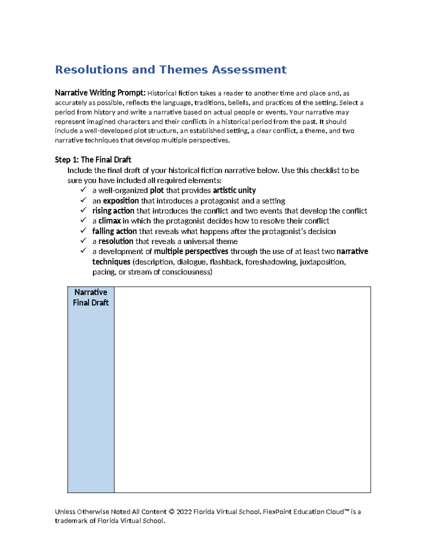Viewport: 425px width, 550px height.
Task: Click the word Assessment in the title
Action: click(x=249, y=70)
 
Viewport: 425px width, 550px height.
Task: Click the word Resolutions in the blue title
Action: click(x=91, y=70)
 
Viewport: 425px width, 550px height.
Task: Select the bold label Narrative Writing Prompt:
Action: click(x=100, y=93)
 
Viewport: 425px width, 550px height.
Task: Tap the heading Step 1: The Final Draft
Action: click(x=93, y=160)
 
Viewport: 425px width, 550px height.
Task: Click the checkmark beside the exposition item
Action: click(x=83, y=200)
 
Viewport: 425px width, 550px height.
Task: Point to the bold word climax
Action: click(x=109, y=221)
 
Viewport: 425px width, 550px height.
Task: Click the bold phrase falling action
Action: click(x=114, y=231)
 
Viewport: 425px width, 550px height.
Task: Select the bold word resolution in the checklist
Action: click(x=116, y=242)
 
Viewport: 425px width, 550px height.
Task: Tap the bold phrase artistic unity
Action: click(x=234, y=191)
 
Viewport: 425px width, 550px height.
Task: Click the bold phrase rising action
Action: click(x=113, y=211)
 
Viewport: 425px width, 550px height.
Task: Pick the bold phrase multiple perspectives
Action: click(x=191, y=251)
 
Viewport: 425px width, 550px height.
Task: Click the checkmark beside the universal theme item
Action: click(x=83, y=241)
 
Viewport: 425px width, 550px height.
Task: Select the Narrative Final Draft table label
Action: click(x=91, y=297)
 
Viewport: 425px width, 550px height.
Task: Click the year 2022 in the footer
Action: click(x=184, y=512)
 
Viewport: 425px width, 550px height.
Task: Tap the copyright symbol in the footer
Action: click(x=171, y=512)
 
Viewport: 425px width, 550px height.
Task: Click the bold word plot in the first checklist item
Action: click(x=157, y=191)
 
